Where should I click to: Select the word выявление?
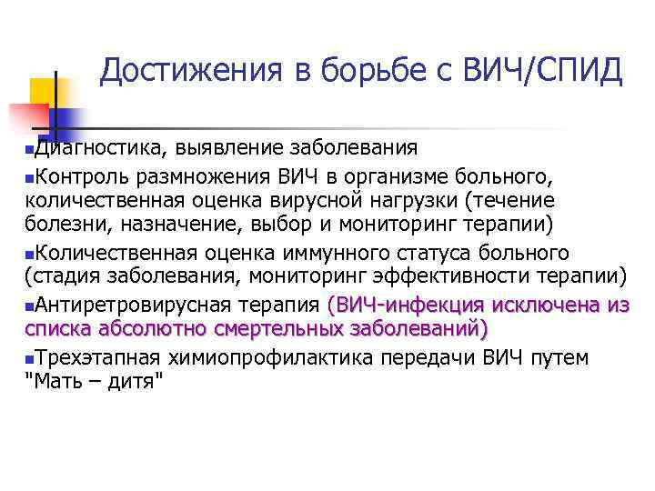(228, 148)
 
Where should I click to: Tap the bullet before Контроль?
(30, 175)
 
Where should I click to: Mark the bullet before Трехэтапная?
(30, 357)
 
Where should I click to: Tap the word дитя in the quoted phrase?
(133, 383)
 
